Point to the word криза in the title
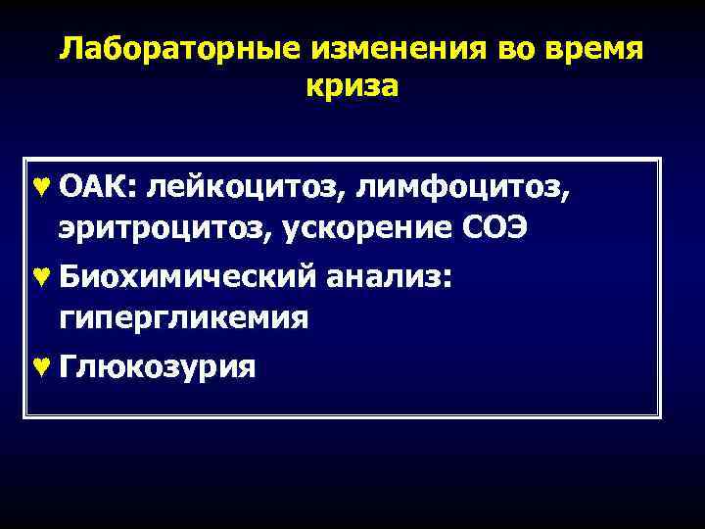point(352,86)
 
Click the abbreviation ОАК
point(98,189)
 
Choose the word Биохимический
point(187,279)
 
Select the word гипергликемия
point(184,318)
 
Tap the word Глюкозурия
point(158,367)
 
